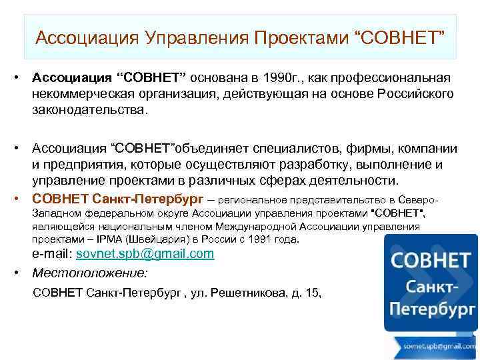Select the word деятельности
coord(349,181)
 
